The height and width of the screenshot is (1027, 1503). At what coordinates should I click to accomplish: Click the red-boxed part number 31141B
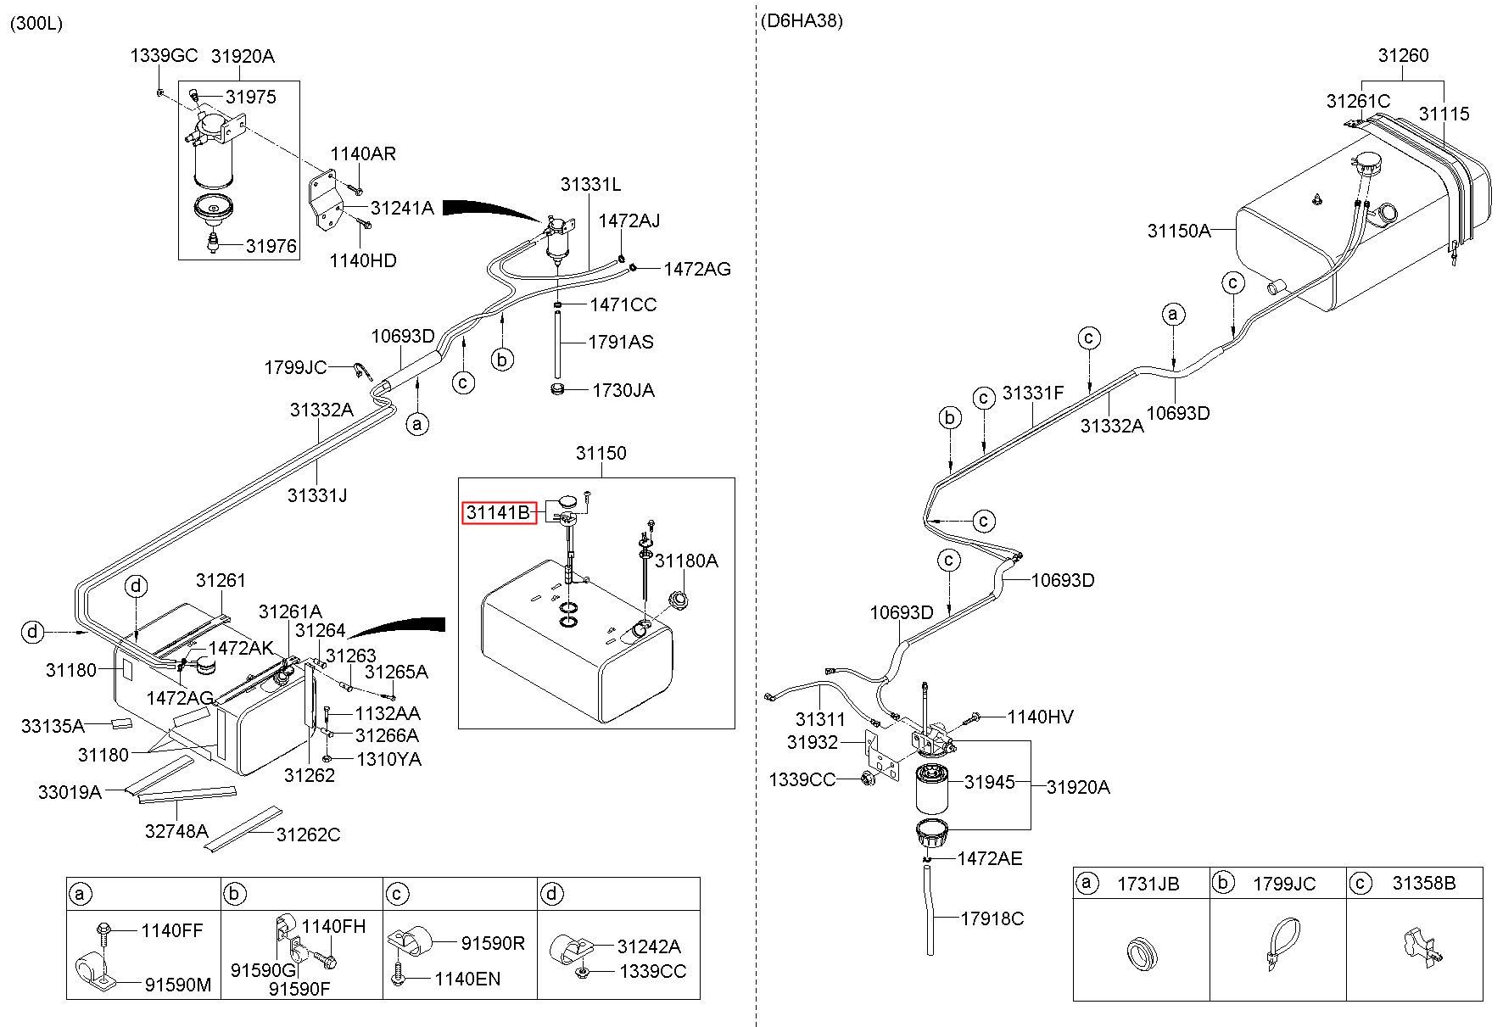pos(499,512)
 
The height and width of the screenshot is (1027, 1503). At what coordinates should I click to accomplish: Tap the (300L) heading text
pos(36,23)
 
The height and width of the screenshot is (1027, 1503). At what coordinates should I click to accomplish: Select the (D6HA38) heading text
pos(802,21)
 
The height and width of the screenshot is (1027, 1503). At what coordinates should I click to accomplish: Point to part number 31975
pos(251,97)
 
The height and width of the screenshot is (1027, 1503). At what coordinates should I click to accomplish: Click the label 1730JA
pos(623,390)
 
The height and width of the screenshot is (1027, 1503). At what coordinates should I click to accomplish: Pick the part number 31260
pos(1403,55)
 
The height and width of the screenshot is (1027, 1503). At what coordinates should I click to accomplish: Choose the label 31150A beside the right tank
pos(1179,231)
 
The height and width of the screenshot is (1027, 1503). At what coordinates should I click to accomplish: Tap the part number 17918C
pos(992,918)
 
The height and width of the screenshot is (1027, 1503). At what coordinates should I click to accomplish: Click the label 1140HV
pos(1041,717)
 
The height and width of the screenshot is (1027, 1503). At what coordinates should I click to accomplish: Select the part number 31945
pos(989,782)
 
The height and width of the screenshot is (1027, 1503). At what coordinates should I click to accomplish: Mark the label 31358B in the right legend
pos(1424,883)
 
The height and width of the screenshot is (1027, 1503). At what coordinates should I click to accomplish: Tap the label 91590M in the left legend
pos(178,985)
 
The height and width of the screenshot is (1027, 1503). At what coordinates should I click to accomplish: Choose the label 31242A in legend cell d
pos(649,946)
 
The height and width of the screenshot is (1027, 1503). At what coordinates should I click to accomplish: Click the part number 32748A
pos(176,830)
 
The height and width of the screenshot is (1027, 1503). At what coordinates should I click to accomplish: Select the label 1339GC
pos(164,56)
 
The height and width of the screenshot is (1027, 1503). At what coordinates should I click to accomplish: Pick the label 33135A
pos(53,726)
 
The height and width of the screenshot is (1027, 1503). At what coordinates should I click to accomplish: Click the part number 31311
pos(820,719)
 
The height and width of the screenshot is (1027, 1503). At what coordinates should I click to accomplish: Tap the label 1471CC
pos(623,304)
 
